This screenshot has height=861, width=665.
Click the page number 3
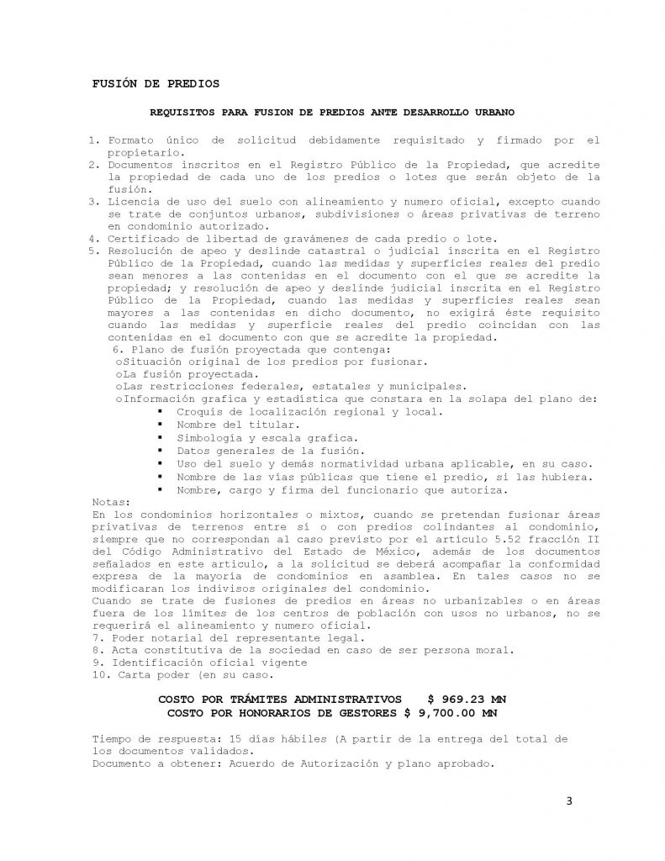pyautogui.click(x=569, y=800)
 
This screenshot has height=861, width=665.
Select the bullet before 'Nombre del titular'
pyautogui.click(x=158, y=425)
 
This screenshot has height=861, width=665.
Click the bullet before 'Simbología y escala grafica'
pyautogui.click(x=158, y=438)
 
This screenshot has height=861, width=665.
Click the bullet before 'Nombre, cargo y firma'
pyautogui.click(x=158, y=489)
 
